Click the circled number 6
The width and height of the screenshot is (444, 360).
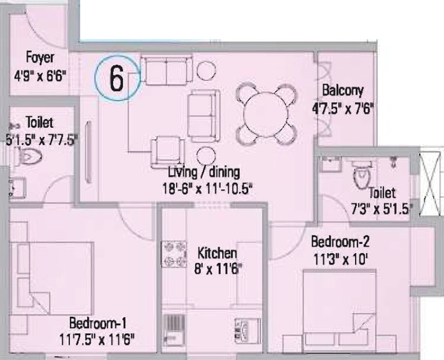click(x=117, y=78)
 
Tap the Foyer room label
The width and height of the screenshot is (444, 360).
click(x=40, y=58)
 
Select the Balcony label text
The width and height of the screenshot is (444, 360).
click(x=343, y=91)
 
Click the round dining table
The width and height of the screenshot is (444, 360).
click(x=266, y=114)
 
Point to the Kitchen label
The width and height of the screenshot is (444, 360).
click(x=217, y=253)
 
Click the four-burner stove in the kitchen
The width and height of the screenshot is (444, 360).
click(x=174, y=254)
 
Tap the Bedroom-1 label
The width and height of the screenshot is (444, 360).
click(x=98, y=323)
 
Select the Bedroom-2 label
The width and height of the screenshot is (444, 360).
click(x=340, y=242)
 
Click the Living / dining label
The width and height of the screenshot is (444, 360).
click(x=204, y=172)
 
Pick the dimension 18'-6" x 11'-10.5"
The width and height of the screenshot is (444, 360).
click(x=207, y=188)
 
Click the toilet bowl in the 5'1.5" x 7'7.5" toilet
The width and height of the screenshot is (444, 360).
click(x=29, y=156)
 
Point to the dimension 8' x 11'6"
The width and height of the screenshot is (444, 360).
click(x=218, y=269)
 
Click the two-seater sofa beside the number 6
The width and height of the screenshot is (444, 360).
click(x=167, y=70)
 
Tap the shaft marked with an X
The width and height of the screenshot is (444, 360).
click(x=430, y=184)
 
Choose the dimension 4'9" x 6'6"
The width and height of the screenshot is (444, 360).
click(x=40, y=76)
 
